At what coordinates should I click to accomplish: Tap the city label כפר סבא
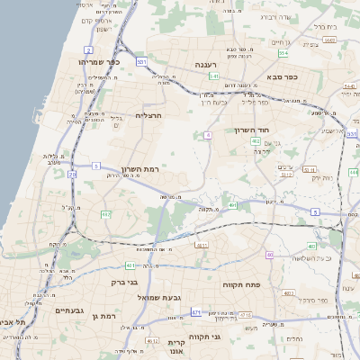tap(282, 77)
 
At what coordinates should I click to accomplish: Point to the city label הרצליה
tap(147, 115)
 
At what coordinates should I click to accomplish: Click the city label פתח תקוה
tap(242, 283)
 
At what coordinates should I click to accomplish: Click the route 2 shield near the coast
tap(87, 49)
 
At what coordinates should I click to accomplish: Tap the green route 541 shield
tap(213, 76)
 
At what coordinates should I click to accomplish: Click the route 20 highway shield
tap(72, 175)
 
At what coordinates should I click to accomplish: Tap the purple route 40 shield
tap(269, 255)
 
